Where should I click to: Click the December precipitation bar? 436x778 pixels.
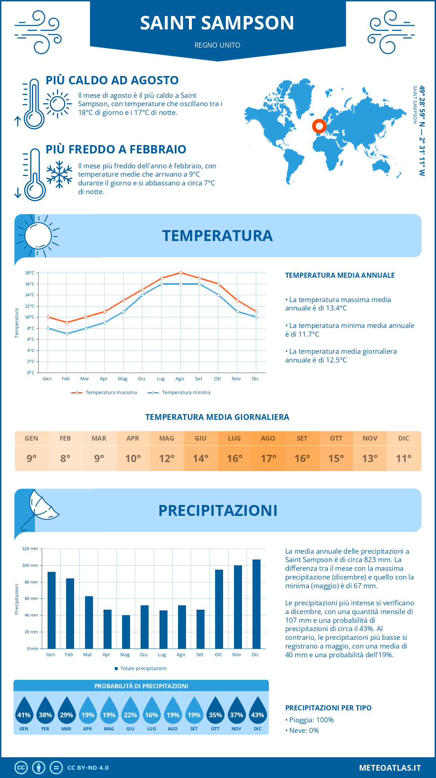pyautogui.click(x=257, y=604)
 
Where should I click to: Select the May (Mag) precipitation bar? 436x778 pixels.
pyautogui.click(x=126, y=632)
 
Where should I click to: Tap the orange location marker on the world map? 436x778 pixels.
pyautogui.click(x=319, y=126)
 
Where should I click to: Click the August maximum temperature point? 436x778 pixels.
pyautogui.click(x=181, y=273)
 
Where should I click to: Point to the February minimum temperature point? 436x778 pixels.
pyautogui.click(x=67, y=334)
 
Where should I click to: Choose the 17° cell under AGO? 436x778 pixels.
pyautogui.click(x=269, y=458)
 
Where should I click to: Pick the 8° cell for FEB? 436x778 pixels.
pyautogui.click(x=65, y=458)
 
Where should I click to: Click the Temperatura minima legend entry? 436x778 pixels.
pyautogui.click(x=179, y=393)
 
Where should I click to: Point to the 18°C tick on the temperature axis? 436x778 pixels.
pyautogui.click(x=30, y=273)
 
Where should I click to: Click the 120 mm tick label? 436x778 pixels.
pyautogui.click(x=30, y=549)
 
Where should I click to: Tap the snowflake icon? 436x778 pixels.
pyautogui.click(x=59, y=175)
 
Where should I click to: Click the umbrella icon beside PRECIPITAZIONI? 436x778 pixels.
pyautogui.click(x=40, y=509)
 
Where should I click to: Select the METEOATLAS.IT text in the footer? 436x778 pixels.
pyautogui.click(x=390, y=768)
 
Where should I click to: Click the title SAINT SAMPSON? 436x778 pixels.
pyautogui.click(x=217, y=23)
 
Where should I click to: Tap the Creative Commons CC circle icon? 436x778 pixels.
pyautogui.click(x=21, y=768)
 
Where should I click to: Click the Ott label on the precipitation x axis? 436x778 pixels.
pyautogui.click(x=218, y=655)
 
